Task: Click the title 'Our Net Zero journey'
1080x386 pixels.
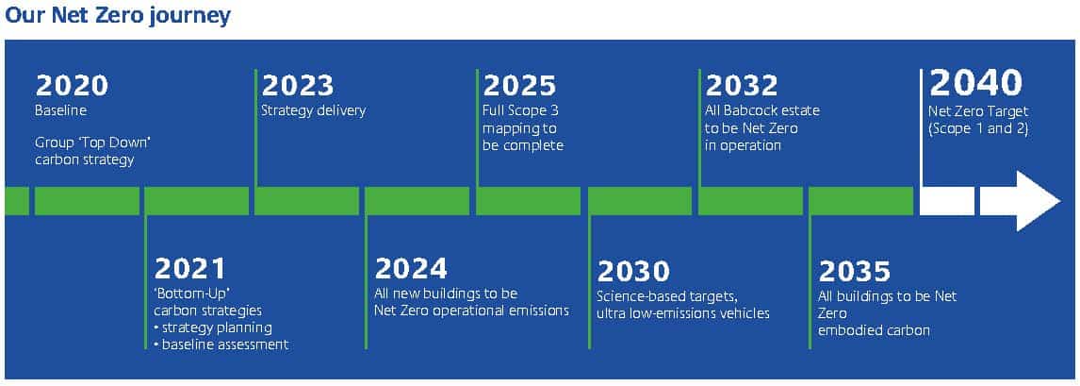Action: pyautogui.click(x=118, y=16)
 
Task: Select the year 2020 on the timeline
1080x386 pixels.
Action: pyautogui.click(x=72, y=87)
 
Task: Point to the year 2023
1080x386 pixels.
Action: pyautogui.click(x=298, y=87)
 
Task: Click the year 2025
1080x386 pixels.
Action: pyautogui.click(x=519, y=87)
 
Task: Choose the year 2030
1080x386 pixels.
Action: pyautogui.click(x=633, y=272)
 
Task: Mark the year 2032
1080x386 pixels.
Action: pyautogui.click(x=742, y=87)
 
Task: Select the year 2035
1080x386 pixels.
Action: pyautogui.click(x=855, y=272)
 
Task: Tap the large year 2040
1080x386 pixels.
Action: pyautogui.click(x=976, y=83)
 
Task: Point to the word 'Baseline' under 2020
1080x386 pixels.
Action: pyautogui.click(x=61, y=110)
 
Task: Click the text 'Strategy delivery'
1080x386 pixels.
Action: pyautogui.click(x=314, y=111)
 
